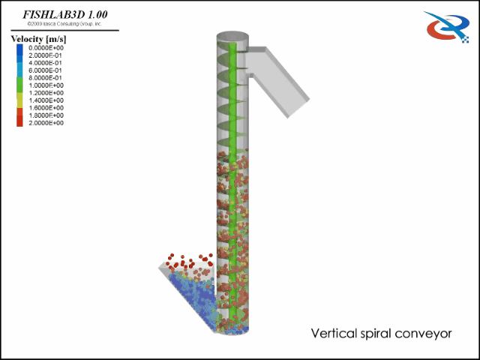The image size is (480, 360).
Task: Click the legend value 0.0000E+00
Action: (x=46, y=47)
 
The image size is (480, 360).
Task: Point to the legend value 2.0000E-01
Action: (x=46, y=55)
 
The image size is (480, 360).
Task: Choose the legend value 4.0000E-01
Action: (x=46, y=62)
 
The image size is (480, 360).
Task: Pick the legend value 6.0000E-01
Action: (x=46, y=70)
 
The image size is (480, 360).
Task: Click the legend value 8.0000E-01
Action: (x=46, y=77)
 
